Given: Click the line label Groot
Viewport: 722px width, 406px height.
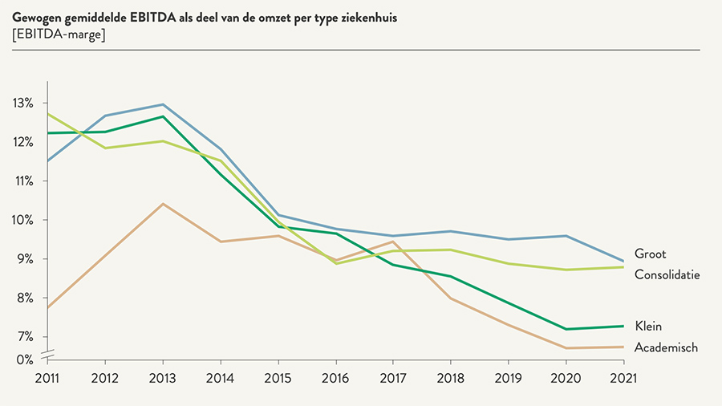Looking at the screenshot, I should pyautogui.click(x=651, y=254).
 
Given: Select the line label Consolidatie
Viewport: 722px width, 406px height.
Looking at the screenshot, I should pyautogui.click(x=667, y=274).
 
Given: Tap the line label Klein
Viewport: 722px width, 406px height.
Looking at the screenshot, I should pyautogui.click(x=648, y=326).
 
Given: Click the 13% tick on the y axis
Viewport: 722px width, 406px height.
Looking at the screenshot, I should pyautogui.click(x=22, y=104).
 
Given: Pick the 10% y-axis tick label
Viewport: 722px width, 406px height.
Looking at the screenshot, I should pyautogui.click(x=22, y=220).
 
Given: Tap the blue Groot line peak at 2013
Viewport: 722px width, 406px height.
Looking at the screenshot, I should pyautogui.click(x=163, y=104).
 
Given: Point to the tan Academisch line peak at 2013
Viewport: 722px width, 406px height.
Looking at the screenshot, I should pyautogui.click(x=163, y=204).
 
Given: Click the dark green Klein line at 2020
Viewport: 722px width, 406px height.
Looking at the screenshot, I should pyautogui.click(x=566, y=329).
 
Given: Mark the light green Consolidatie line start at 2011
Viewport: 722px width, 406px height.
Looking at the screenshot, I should pyautogui.click(x=48, y=114).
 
